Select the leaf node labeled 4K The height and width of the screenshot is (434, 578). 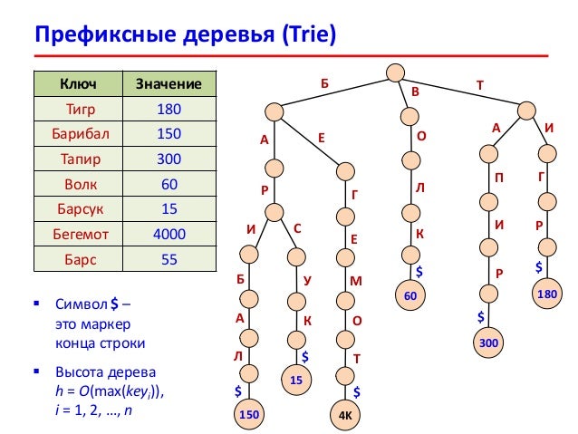pyautogui.click(x=345, y=416)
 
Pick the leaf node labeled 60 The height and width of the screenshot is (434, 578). pyautogui.click(x=411, y=296)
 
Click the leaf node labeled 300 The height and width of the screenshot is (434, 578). pyautogui.click(x=487, y=343)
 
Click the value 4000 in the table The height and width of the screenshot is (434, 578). pyautogui.click(x=169, y=234)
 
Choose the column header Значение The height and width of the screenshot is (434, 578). pyautogui.click(x=169, y=84)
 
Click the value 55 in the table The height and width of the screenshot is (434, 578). pyautogui.click(x=169, y=258)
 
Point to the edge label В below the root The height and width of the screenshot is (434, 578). pyautogui.click(x=416, y=92)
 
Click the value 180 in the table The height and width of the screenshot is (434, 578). pyautogui.click(x=169, y=109)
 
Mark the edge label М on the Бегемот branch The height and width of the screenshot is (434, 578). pyautogui.click(x=356, y=281)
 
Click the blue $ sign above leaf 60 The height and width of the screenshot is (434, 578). pyautogui.click(x=419, y=271)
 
